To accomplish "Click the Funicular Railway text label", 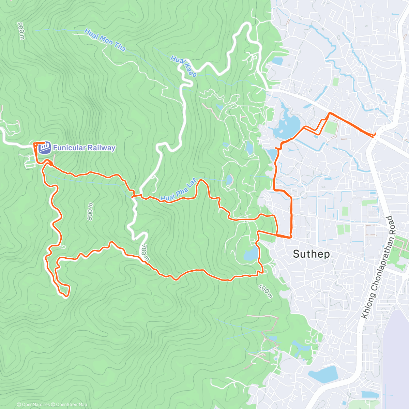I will click(x=84, y=148).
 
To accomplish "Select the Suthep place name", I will click(x=311, y=254).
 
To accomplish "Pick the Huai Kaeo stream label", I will click(x=183, y=66).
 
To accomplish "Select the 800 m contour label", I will click(x=90, y=212).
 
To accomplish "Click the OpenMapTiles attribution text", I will click(x=33, y=405).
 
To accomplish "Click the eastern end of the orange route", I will click(x=375, y=135).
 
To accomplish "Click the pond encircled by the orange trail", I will click(x=251, y=254).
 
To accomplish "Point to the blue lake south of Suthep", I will click(x=323, y=374).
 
